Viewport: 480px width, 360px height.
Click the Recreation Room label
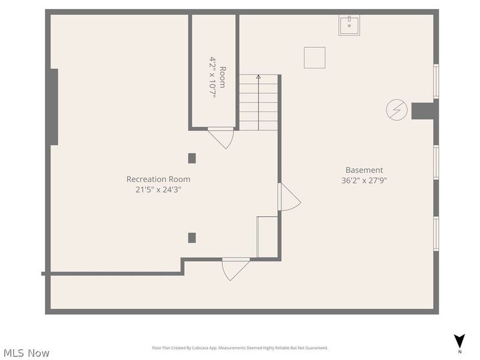(158, 179)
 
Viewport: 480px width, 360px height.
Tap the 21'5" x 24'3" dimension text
(158, 190)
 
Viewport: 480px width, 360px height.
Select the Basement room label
(364, 170)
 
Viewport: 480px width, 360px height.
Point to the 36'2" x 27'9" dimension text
(364, 180)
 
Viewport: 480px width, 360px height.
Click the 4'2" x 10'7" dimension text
(212, 77)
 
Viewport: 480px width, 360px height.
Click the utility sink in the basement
(349, 26)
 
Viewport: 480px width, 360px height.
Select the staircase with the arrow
(259, 102)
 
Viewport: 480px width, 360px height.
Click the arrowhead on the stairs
(259, 77)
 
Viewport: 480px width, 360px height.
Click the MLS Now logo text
(25, 353)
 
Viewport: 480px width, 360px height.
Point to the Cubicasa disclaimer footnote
(240, 348)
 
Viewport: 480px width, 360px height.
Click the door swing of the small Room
(222, 137)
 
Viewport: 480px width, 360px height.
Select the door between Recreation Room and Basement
(288, 197)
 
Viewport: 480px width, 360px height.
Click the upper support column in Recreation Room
(192, 158)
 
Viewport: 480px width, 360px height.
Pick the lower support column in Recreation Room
(192, 238)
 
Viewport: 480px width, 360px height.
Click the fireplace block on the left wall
(54, 107)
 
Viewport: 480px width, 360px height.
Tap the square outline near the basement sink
(314, 58)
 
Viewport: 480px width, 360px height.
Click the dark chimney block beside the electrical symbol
(423, 111)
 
